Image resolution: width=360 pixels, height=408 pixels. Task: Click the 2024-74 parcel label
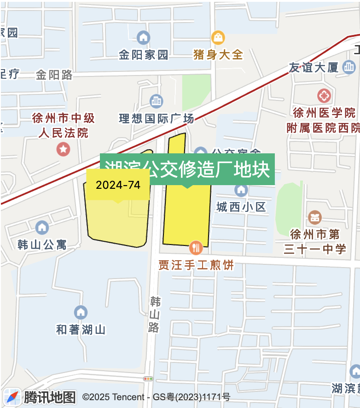tap(118, 185)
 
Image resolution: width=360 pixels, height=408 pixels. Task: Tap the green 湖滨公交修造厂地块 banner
tap(187, 169)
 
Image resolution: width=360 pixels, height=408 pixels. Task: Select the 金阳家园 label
tap(143, 55)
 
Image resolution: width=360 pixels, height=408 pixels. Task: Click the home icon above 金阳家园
tap(143, 37)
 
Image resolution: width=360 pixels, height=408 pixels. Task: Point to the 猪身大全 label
tap(218, 55)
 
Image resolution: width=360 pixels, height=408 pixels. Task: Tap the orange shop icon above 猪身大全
tap(218, 37)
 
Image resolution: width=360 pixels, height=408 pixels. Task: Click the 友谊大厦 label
tap(314, 68)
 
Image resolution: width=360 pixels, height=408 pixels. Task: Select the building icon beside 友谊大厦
tap(349, 67)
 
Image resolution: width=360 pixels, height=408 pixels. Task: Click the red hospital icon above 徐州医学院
tap(324, 96)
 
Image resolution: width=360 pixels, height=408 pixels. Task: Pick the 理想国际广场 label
tap(157, 118)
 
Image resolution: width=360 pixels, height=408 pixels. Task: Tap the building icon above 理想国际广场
tap(157, 101)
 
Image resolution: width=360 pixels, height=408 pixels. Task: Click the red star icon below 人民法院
tap(63, 149)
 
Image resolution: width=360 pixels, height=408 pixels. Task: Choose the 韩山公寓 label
tap(42, 244)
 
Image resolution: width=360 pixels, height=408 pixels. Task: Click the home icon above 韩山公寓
tap(42, 227)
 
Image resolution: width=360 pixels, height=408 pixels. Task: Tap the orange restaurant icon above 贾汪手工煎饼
tap(196, 248)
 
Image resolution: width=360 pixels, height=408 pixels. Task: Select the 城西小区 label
tap(241, 207)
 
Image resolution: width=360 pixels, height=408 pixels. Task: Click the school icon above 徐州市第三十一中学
tap(315, 217)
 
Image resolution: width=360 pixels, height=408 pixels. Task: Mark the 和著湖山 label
tap(81, 330)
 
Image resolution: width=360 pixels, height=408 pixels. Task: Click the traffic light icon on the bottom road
tap(148, 379)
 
